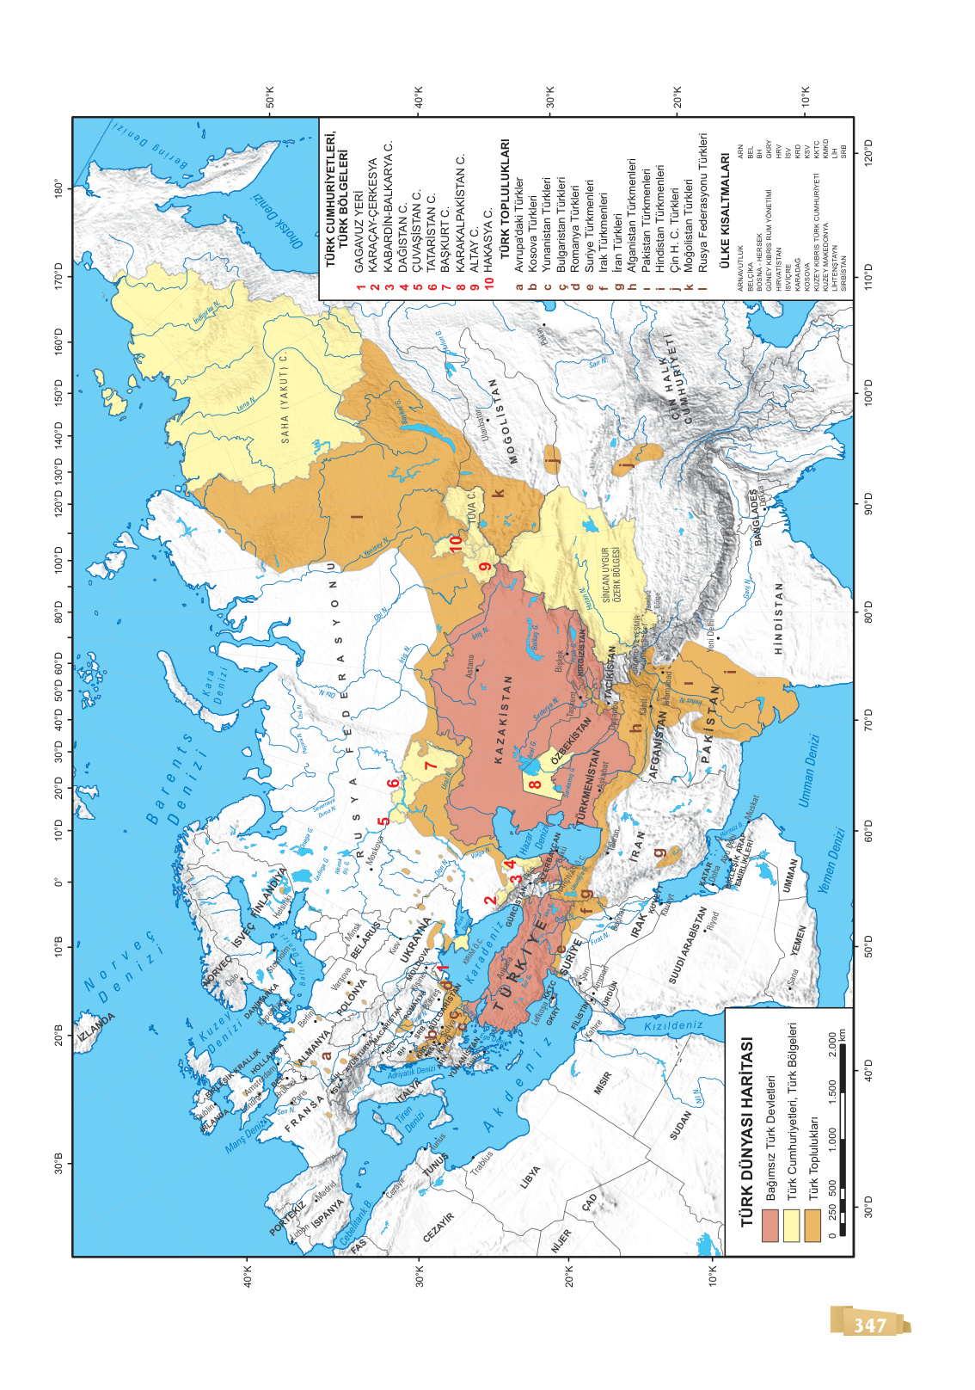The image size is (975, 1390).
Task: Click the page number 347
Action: (x=869, y=1325)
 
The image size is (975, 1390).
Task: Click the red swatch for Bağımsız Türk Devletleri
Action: (x=770, y=1225)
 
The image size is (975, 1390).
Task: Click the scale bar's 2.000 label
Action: (x=831, y=1043)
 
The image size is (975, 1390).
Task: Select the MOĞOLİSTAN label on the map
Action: (x=504, y=421)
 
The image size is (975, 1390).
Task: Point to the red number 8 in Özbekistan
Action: (x=534, y=784)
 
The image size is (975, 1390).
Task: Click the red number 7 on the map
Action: (x=431, y=764)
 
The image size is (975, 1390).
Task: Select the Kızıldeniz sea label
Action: (x=673, y=1025)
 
